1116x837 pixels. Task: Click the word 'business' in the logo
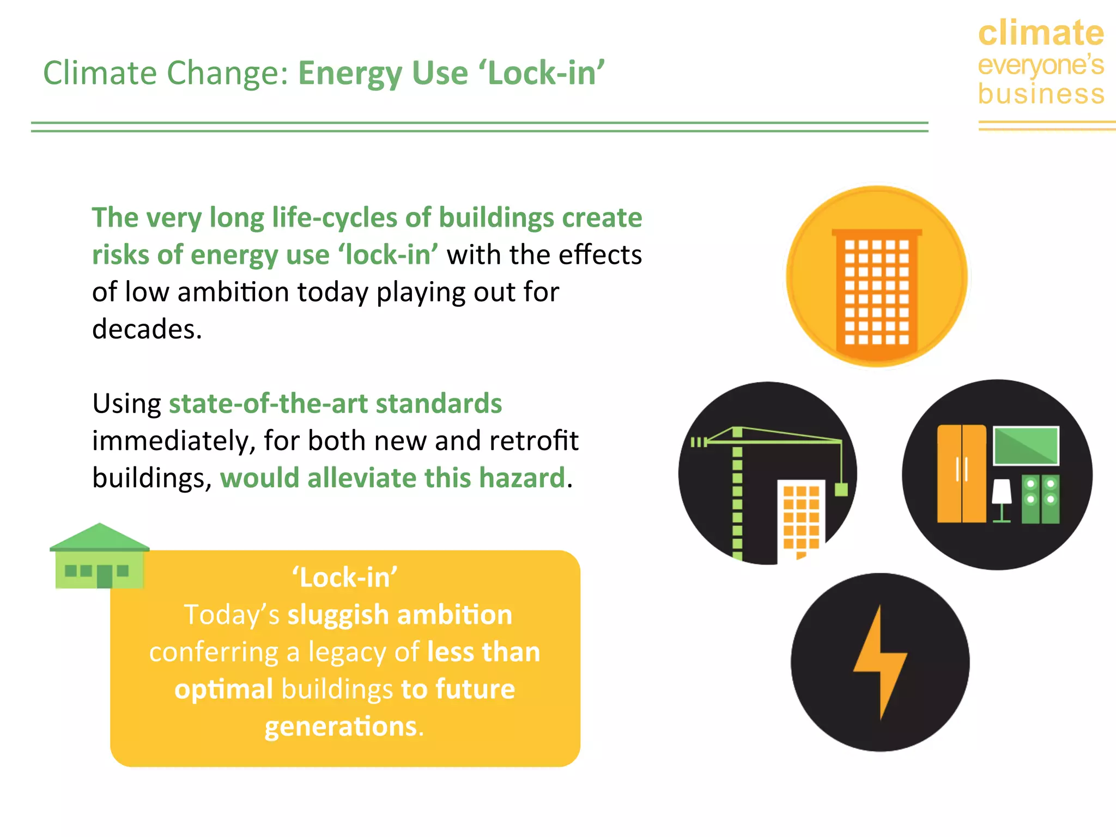pyautogui.click(x=1041, y=94)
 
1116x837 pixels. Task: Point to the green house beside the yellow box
pyautogui.click(x=99, y=557)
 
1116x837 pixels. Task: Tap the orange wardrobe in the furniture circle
pyautogui.click(x=961, y=474)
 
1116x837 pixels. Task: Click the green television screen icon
pyautogui.click(x=1026, y=446)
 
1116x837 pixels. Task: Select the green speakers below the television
pyautogui.click(x=1040, y=499)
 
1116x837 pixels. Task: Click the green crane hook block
pyautogui.click(x=841, y=489)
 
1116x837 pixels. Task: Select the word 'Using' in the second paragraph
pyautogui.click(x=126, y=404)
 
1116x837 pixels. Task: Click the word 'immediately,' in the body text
pyautogui.click(x=174, y=441)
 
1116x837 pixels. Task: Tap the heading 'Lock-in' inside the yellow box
pyautogui.click(x=345, y=578)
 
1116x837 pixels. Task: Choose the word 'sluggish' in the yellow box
pyautogui.click(x=337, y=615)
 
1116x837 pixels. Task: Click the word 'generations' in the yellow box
pyautogui.click(x=341, y=727)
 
